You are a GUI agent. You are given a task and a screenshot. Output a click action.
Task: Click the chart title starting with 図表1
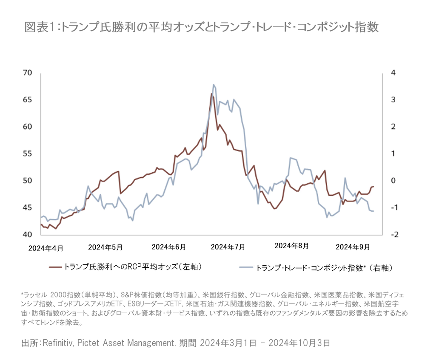tap(201, 28)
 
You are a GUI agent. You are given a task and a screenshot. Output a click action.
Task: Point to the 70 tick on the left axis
tap(28, 73)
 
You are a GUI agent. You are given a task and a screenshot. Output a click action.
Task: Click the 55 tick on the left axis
tap(28, 153)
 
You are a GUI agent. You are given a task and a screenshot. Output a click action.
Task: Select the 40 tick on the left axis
tap(28, 235)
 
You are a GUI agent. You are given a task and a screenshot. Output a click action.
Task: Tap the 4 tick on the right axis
tap(393, 73)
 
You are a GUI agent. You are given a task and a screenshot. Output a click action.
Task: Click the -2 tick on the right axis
tap(393, 235)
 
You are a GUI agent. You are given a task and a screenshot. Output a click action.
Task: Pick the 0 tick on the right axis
tap(393, 181)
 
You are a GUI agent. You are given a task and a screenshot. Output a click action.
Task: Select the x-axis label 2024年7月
tap(228, 247)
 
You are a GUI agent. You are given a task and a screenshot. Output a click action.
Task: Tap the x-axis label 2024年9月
tap(352, 247)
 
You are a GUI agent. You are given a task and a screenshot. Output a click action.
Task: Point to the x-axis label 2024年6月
tap(168, 247)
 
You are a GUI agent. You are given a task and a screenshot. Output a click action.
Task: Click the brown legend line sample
tap(56, 267)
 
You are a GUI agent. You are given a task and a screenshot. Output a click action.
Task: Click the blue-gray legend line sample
tap(245, 268)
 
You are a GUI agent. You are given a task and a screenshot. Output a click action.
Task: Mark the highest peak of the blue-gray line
tap(213, 85)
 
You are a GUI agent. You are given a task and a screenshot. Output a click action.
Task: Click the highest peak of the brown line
tap(211, 94)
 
